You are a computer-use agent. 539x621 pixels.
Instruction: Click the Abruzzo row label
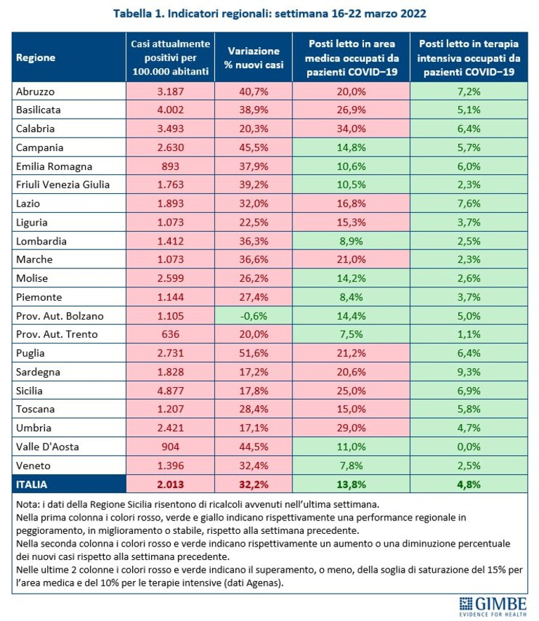pos(35,91)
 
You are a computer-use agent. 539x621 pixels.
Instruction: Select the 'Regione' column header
pos(36,58)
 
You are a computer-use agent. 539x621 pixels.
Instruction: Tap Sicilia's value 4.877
pos(171,391)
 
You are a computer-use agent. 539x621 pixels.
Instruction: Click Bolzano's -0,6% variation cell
pos(254,315)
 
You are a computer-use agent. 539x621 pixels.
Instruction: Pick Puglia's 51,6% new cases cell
pos(254,353)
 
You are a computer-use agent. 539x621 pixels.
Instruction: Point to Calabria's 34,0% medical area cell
pos(351,129)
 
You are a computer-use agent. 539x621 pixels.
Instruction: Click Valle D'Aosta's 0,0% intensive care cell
pos(469,447)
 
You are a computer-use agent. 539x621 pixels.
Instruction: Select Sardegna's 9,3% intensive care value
pos(469,372)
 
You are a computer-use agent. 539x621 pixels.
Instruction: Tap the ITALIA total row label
pos(32,484)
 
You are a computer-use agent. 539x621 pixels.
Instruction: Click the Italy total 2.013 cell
pos(171,484)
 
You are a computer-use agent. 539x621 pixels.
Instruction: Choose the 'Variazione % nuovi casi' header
pos(254,58)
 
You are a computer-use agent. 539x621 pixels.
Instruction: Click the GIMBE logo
pos(493,607)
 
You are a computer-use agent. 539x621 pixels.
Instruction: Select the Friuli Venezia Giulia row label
pos(63,185)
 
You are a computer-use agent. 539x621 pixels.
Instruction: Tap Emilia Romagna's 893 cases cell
pos(171,166)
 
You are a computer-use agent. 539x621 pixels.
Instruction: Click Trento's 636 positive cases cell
pos(171,334)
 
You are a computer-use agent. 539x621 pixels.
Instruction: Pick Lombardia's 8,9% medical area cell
pos(351,241)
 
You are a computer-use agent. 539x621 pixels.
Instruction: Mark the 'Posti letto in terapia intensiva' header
pos(469,58)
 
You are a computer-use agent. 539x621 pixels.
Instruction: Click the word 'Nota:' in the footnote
pos(27,504)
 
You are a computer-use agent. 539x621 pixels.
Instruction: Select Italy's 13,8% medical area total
pos(351,484)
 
